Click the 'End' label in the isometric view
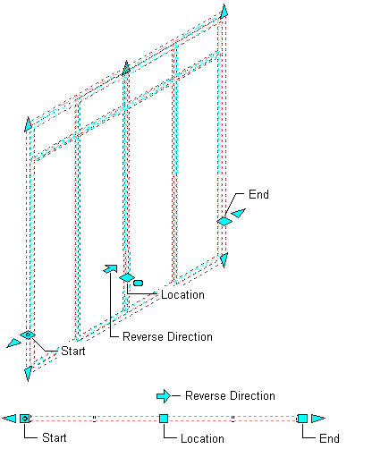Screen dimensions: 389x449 click(x=258, y=194)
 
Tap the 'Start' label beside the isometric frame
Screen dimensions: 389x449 click(x=73, y=351)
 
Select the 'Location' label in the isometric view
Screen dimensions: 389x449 click(x=182, y=295)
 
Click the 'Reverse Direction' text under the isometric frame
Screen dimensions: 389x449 click(x=167, y=336)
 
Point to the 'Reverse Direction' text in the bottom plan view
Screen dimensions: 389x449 click(x=230, y=395)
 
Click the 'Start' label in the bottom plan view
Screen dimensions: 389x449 click(x=55, y=437)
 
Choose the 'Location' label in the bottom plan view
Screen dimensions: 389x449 click(x=202, y=438)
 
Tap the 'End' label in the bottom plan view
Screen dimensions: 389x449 click(x=329, y=438)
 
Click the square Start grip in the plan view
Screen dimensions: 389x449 click(x=25, y=419)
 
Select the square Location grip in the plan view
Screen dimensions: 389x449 click(x=164, y=419)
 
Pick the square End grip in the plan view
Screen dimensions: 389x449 click(x=302, y=419)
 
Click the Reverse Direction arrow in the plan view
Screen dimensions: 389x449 click(x=164, y=396)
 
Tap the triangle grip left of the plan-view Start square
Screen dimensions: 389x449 click(x=9, y=419)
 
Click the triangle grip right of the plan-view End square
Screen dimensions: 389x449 click(x=318, y=419)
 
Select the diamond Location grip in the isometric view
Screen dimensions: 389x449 click(x=127, y=277)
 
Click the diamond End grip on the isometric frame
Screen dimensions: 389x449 click(x=224, y=221)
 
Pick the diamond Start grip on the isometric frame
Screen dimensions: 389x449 click(x=28, y=335)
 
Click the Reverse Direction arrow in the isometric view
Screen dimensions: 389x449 click(x=110, y=268)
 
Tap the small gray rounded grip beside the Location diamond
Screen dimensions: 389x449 click(x=138, y=283)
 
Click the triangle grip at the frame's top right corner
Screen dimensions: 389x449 click(x=224, y=12)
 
